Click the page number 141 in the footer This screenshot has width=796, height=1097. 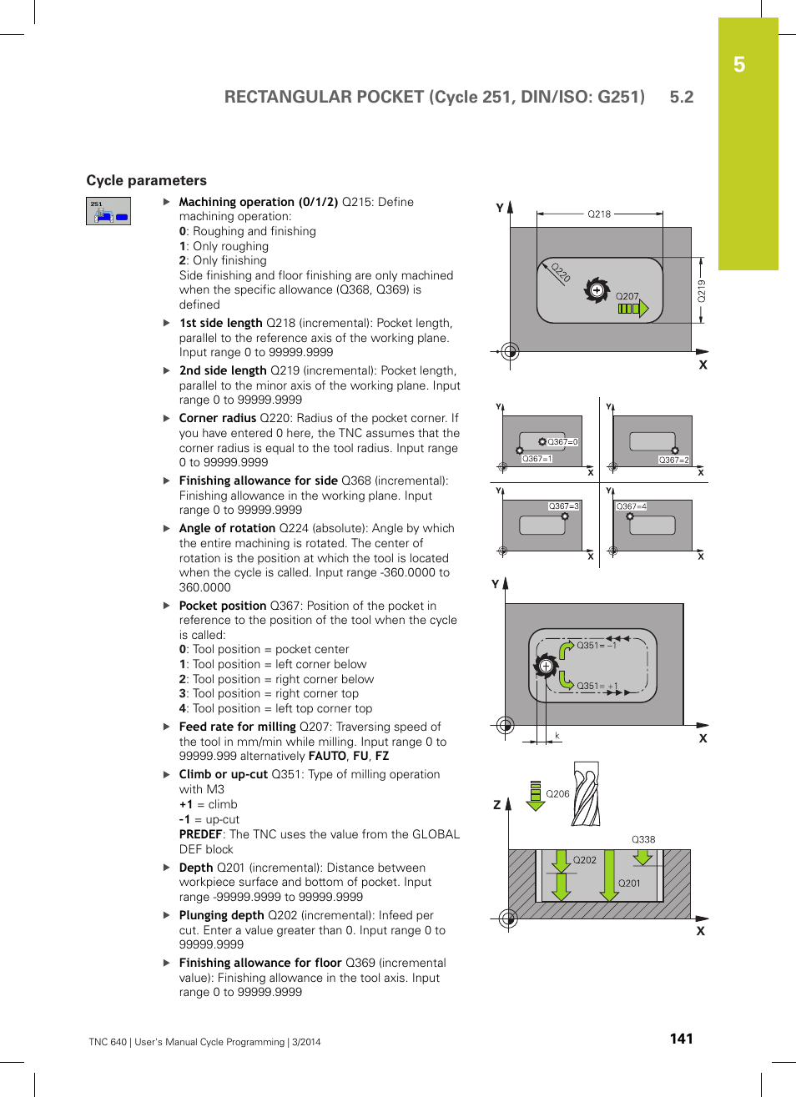coord(681,1039)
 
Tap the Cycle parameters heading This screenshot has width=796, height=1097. coord(147,180)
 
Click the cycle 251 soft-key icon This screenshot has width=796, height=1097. coord(108,211)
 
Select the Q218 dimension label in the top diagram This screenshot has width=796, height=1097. coord(599,214)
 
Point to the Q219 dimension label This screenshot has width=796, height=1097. coord(702,290)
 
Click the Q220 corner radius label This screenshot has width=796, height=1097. coord(561,273)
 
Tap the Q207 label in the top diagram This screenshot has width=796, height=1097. coord(627,296)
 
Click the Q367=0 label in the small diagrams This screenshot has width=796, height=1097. coord(562,442)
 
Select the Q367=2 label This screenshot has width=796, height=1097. coord(673,460)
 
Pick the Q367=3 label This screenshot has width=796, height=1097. coord(563,506)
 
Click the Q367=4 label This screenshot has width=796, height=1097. coord(632,506)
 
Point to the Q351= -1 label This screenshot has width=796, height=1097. coord(597,645)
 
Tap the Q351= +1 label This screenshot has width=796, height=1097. coord(597,686)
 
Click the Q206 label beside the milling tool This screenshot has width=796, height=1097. coord(557,794)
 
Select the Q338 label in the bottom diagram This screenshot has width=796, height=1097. coord(643,839)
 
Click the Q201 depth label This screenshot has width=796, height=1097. coord(629,883)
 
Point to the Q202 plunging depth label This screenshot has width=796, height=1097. coord(584,860)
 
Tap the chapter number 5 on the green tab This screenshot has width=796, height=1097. coord(739,65)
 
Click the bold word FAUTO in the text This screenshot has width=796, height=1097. coord(327,756)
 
